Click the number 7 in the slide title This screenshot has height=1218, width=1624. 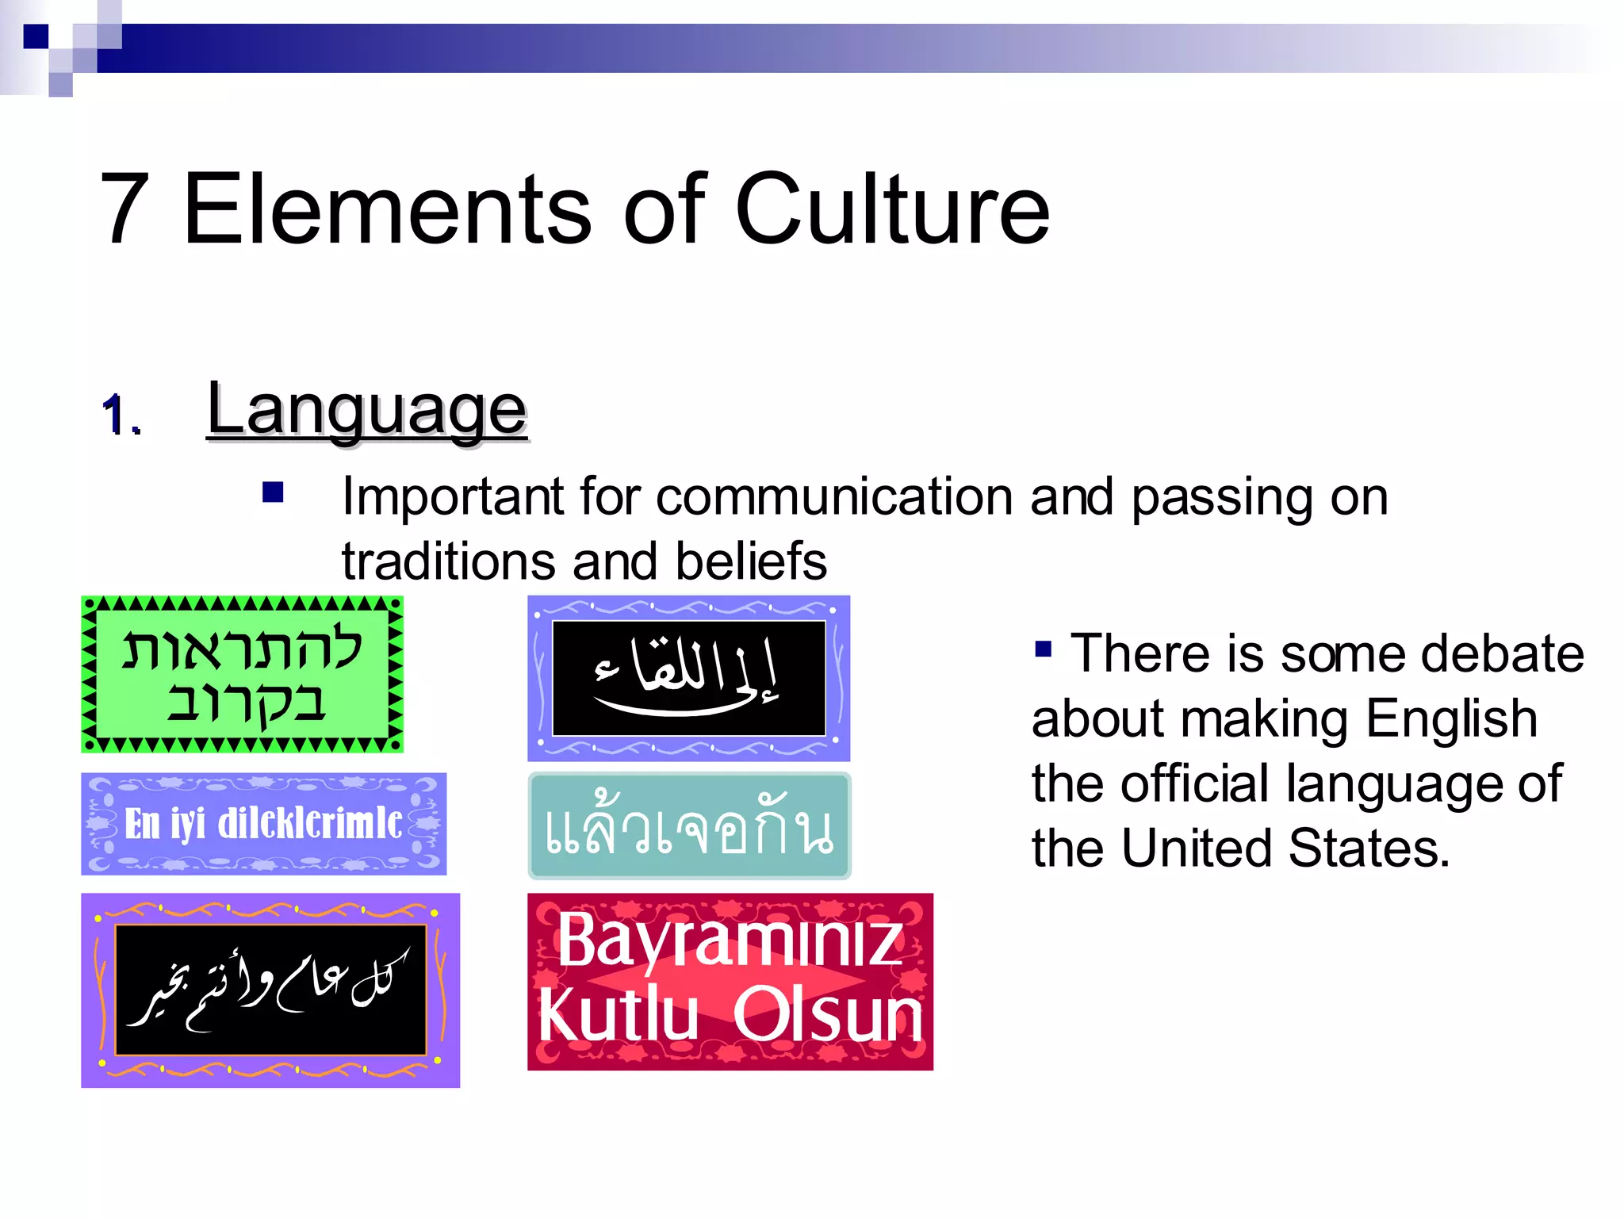click(125, 209)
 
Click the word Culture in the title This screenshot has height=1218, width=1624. click(892, 209)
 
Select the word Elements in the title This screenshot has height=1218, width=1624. click(387, 209)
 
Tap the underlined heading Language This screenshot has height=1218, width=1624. click(366, 411)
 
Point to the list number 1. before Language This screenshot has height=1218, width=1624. click(121, 416)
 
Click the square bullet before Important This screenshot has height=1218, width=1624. click(273, 493)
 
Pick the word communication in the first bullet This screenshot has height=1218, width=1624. click(834, 498)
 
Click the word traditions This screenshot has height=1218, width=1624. click(448, 561)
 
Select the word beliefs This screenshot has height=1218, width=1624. click(751, 561)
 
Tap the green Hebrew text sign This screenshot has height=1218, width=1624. click(243, 674)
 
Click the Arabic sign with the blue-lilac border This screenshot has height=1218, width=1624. click(688, 678)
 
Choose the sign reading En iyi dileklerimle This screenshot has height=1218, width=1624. click(263, 824)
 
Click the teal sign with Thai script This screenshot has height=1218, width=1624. click(689, 826)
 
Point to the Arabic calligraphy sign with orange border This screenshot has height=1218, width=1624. click(270, 990)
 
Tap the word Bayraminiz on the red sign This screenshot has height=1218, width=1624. click(730, 940)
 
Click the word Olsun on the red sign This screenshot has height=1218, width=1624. click(828, 1015)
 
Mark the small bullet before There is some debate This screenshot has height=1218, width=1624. click(1043, 649)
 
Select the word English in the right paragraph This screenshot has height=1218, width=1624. click(1451, 719)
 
